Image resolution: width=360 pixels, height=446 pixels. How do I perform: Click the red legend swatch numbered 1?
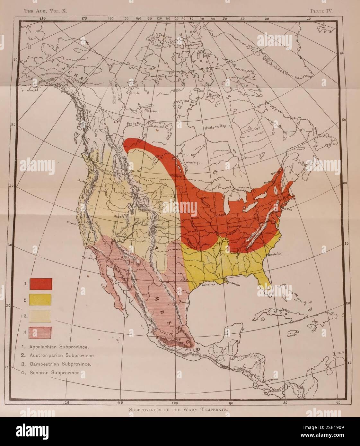coord(41,284)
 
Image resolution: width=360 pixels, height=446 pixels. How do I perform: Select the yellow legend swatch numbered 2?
coord(40,300)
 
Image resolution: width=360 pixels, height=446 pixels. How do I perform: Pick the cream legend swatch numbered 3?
coord(40,316)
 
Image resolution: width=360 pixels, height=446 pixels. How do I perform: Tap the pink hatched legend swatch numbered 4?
coord(40,333)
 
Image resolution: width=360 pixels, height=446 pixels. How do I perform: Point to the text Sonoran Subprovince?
coord(55,373)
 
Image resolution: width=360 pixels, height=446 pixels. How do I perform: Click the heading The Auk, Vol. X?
coord(45,11)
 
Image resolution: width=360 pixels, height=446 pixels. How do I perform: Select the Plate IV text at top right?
coord(321,11)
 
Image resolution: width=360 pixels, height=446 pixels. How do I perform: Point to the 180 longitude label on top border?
coord(42,19)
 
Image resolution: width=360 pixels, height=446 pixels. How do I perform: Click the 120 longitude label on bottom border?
coord(66,402)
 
